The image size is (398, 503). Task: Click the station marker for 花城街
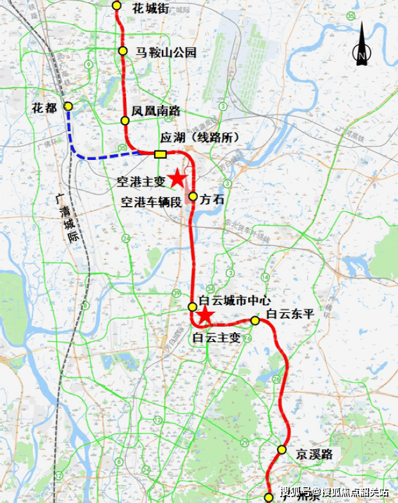coord(116,5)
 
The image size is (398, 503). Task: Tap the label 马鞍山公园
coord(165,52)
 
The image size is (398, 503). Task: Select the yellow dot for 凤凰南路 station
coord(125,120)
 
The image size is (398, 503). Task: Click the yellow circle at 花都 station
coord(68,107)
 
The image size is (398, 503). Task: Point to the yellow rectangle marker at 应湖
coord(160,154)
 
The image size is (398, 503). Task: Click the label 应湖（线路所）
coord(191,138)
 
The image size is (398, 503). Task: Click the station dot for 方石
coord(193,196)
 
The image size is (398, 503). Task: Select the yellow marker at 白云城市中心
coord(192,307)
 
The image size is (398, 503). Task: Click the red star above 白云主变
coord(205,314)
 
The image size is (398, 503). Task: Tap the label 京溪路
coord(314,454)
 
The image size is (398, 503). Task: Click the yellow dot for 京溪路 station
coord(282,450)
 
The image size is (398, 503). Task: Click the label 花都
coord(45,108)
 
